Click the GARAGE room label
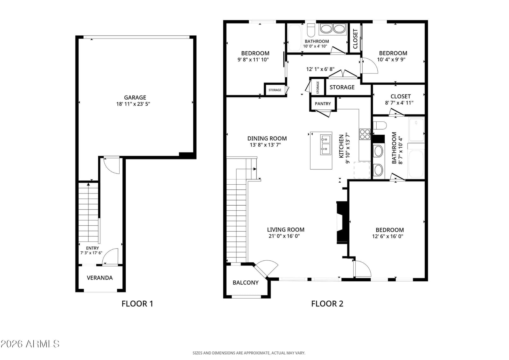coord(135,98)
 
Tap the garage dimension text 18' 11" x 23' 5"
coord(133,104)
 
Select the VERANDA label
coord(100,278)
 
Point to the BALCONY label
coord(246,283)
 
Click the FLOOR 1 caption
coord(137,304)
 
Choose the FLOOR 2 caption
coord(327,304)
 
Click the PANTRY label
coord(323,104)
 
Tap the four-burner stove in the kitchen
coord(365,134)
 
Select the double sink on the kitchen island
coord(326,145)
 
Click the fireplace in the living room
coord(342,223)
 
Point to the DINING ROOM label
coord(267,138)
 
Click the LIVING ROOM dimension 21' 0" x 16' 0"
coord(284,236)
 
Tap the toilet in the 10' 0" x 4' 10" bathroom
coord(311,31)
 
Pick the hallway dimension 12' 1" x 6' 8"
coord(320,69)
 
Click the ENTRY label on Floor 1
coord(93,248)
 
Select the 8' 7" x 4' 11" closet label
coord(401,96)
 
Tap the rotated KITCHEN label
coord(341,146)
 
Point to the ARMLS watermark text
coord(30,344)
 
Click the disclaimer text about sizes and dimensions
coord(249,353)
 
